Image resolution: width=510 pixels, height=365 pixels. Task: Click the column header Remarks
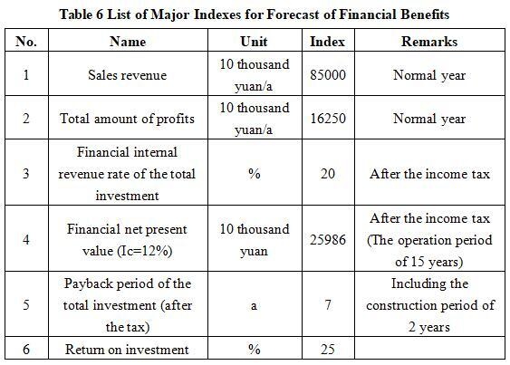(429, 42)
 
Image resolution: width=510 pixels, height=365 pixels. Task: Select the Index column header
(327, 42)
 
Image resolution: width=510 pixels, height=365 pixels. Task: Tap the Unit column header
(254, 42)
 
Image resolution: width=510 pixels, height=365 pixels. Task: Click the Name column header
(128, 42)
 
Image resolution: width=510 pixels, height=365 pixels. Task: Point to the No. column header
(26, 42)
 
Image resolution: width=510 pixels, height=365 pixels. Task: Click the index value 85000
(328, 75)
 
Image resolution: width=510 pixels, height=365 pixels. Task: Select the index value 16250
(328, 118)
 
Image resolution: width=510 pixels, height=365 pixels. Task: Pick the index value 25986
(328, 240)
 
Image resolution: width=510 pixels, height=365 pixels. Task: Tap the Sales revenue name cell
(127, 75)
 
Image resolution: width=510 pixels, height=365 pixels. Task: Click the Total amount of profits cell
(127, 119)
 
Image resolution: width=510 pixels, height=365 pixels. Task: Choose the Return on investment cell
(127, 350)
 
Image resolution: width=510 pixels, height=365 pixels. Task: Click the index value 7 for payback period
(328, 305)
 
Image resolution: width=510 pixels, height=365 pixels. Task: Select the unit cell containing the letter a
(254, 306)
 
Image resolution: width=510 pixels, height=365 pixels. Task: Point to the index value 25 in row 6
(328, 349)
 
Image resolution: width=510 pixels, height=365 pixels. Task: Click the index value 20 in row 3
(328, 173)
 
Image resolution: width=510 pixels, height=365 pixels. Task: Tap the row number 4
(26, 240)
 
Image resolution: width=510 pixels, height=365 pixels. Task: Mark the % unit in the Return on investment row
(254, 349)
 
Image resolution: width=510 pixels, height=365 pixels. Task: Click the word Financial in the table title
(367, 14)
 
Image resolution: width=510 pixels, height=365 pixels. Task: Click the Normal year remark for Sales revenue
(429, 75)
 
